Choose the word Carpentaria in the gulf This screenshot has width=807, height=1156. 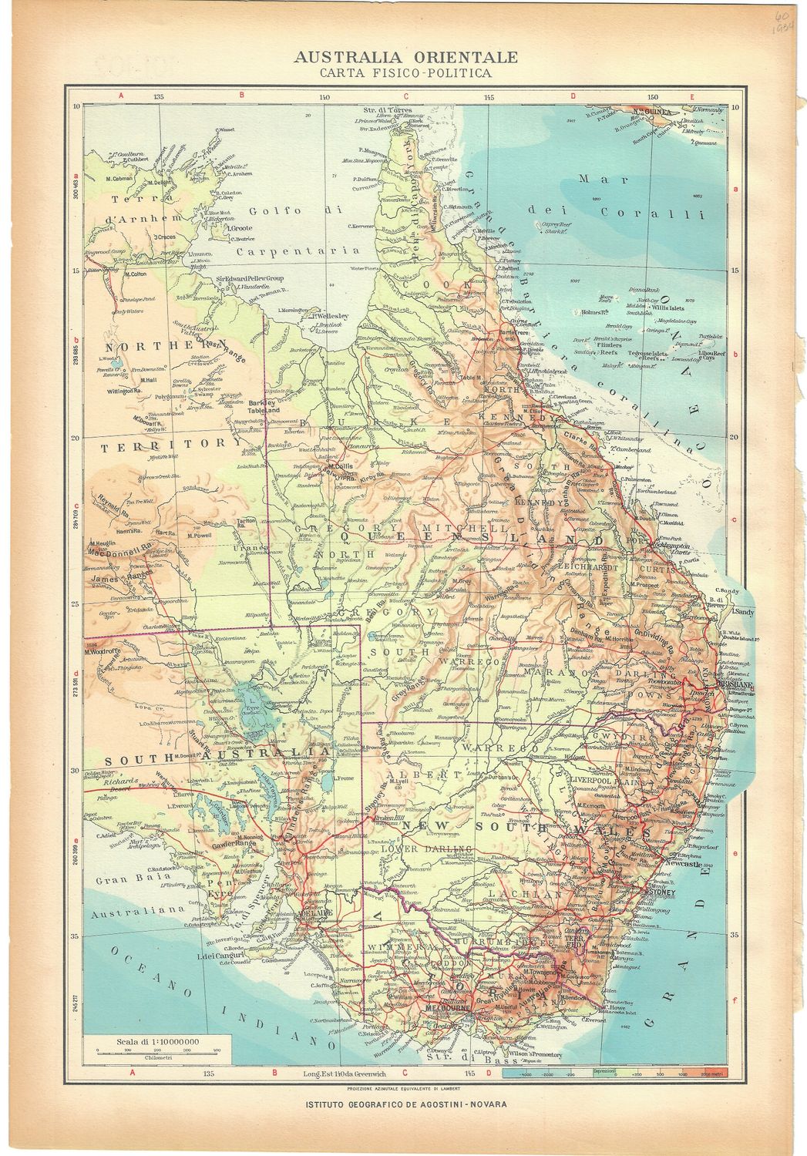[x=298, y=250]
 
